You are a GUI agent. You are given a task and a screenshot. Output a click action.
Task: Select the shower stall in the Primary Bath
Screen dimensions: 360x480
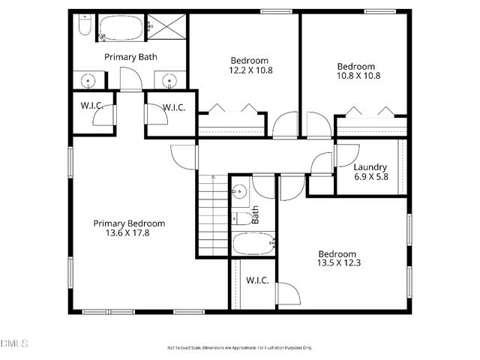pos(166,28)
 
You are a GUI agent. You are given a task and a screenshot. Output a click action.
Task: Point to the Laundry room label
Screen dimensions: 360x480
pos(370,167)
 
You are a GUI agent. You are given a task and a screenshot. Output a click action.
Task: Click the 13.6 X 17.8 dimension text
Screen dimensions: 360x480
pos(129,233)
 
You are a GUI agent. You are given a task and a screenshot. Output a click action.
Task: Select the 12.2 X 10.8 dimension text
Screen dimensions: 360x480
pos(250,70)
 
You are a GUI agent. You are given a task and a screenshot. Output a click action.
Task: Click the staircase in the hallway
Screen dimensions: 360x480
pos(213,215)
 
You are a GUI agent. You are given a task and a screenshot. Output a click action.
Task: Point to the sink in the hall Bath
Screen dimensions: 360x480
pos(239,192)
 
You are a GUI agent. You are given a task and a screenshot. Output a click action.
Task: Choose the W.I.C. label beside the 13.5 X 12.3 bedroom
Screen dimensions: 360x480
pos(258,280)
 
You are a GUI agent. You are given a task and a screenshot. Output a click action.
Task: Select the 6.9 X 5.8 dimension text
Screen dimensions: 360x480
pos(370,177)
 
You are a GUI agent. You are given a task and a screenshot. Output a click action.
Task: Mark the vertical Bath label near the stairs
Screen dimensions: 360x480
pos(256,215)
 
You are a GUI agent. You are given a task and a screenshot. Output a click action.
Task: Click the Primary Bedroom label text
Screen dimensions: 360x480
pos(129,223)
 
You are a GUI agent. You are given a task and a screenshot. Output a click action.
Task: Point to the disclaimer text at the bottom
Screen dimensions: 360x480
pos(238,347)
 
